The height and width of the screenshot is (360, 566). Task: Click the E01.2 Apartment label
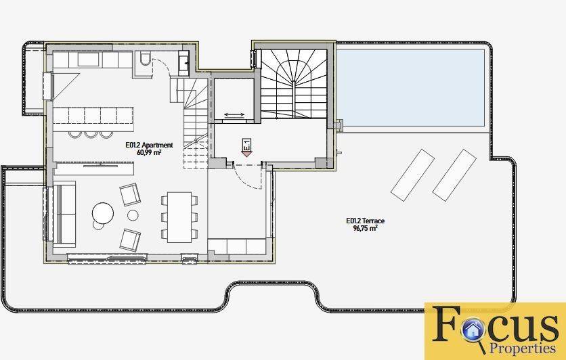coord(149,145)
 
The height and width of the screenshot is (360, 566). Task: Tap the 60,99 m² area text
coord(148,152)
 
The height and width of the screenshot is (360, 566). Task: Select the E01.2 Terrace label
coord(366,221)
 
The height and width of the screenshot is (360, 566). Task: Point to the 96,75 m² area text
coord(366,228)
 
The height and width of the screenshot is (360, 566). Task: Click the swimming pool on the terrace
coord(410,88)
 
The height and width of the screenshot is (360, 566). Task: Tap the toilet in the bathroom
coord(146,59)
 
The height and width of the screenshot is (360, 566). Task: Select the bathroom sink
coord(183,64)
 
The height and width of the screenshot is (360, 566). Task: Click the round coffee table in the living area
coord(103,213)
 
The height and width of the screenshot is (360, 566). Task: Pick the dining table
coord(179,217)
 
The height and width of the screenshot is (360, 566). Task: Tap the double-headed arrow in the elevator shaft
coord(234,115)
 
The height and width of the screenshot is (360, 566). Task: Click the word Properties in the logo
coord(522,348)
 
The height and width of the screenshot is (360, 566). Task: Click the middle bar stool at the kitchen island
coord(91,134)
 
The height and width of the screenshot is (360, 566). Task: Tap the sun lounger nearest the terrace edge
coord(454,175)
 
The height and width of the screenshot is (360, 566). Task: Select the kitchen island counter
coord(93,119)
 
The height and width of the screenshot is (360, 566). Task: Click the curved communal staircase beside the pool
coord(294,84)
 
